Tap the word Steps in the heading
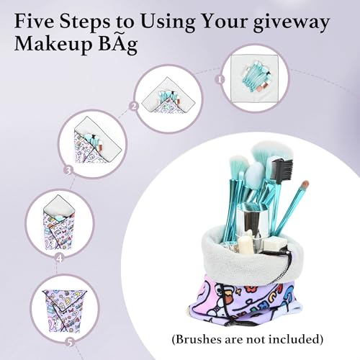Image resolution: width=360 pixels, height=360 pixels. [x=85, y=22]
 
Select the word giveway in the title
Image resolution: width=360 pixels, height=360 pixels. [x=292, y=23]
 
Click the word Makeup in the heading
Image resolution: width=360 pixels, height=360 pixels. [x=53, y=45]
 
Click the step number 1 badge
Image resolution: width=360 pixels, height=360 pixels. [x=220, y=79]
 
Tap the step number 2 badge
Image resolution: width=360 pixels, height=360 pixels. [x=134, y=106]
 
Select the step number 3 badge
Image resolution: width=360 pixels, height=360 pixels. [x=68, y=171]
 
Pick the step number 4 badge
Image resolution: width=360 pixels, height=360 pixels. [x=59, y=258]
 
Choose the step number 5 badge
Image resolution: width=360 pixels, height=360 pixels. [x=70, y=343]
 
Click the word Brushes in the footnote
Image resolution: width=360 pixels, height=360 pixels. [x=199, y=339]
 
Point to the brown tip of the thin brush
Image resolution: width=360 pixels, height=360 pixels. [x=305, y=184]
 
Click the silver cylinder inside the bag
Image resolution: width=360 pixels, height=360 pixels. [x=250, y=220]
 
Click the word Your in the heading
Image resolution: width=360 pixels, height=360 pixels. [x=225, y=21]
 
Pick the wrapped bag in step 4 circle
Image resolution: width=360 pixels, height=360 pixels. [x=59, y=222]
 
